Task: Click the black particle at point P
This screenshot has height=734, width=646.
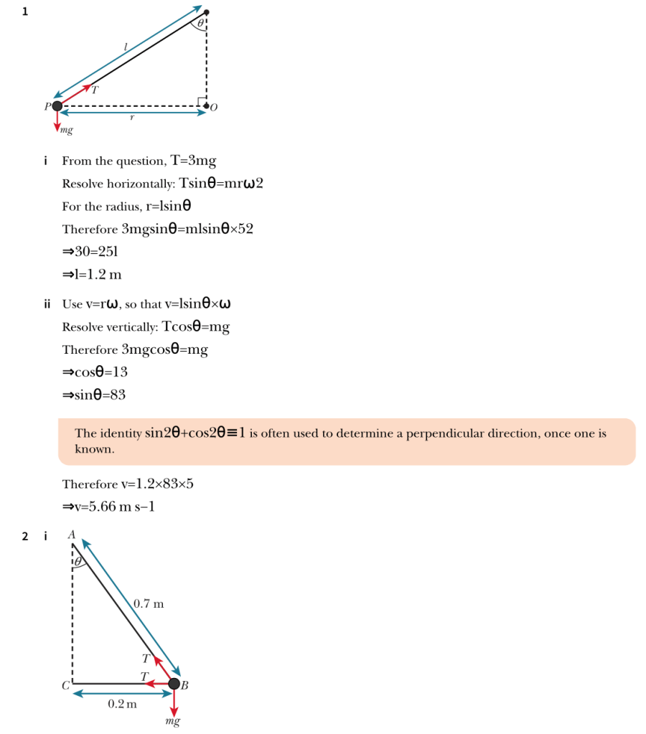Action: pos(57,106)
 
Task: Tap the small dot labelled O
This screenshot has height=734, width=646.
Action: pos(206,106)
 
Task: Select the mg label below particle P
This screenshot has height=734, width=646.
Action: pos(67,131)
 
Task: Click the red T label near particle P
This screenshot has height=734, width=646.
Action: pos(94,89)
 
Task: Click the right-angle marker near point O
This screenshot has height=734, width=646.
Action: pos(202,100)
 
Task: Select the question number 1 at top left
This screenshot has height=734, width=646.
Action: pos(25,11)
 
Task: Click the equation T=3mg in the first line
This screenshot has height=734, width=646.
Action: pos(193,160)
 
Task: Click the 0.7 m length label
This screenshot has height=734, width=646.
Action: pos(149,604)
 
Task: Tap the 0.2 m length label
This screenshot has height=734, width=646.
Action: pos(122,704)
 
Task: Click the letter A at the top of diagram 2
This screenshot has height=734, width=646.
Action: pos(70,535)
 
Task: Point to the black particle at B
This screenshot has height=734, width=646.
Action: pos(174,684)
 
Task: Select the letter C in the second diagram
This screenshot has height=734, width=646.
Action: pos(65,685)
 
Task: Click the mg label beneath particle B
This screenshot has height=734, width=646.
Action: pos(172,720)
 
